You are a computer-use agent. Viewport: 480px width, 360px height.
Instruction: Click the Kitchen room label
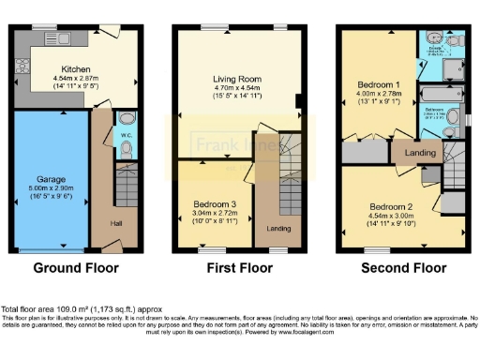point(75,68)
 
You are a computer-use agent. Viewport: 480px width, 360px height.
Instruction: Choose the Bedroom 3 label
point(213,203)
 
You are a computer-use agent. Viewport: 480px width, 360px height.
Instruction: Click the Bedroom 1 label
point(378,83)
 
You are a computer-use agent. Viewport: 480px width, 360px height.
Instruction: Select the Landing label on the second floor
point(418,151)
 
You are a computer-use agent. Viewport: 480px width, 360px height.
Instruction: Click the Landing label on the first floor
point(279,229)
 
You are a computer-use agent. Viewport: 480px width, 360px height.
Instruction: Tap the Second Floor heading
point(403,268)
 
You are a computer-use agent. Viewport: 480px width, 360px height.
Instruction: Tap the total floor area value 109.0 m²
point(65,309)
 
